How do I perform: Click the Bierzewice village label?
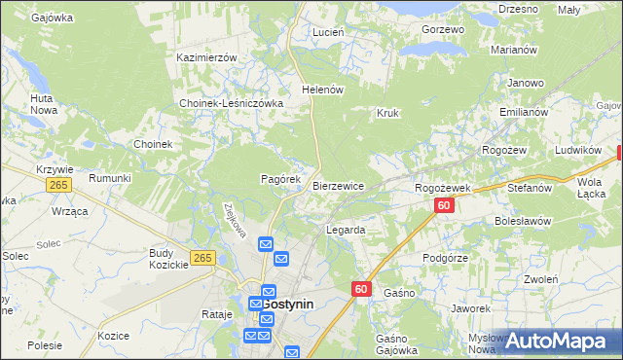[338, 186]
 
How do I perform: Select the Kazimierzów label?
[206, 57]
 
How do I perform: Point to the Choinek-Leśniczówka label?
[231, 103]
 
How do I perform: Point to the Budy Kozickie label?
[162, 259]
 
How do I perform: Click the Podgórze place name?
[447, 258]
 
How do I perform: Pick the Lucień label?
[328, 32]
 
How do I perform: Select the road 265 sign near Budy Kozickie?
[202, 257]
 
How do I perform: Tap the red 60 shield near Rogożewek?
[444, 205]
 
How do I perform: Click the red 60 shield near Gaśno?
[361, 289]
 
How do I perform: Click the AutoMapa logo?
[558, 342]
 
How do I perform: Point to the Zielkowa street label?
[231, 213]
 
